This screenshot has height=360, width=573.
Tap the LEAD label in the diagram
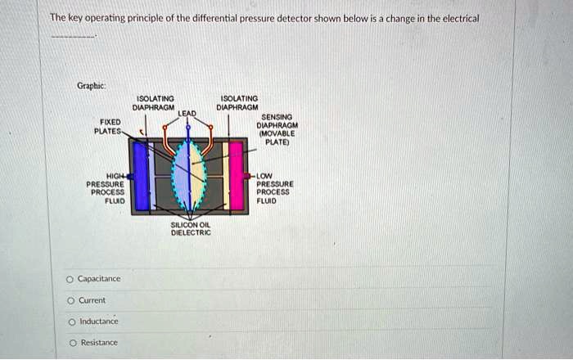(187, 112)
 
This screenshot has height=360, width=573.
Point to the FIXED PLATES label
(107, 126)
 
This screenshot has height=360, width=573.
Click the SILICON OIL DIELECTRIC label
(191, 228)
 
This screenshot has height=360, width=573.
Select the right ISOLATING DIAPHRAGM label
(237, 102)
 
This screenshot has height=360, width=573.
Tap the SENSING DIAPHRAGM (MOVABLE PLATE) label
(276, 128)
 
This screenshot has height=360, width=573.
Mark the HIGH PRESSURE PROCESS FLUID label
(106, 188)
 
